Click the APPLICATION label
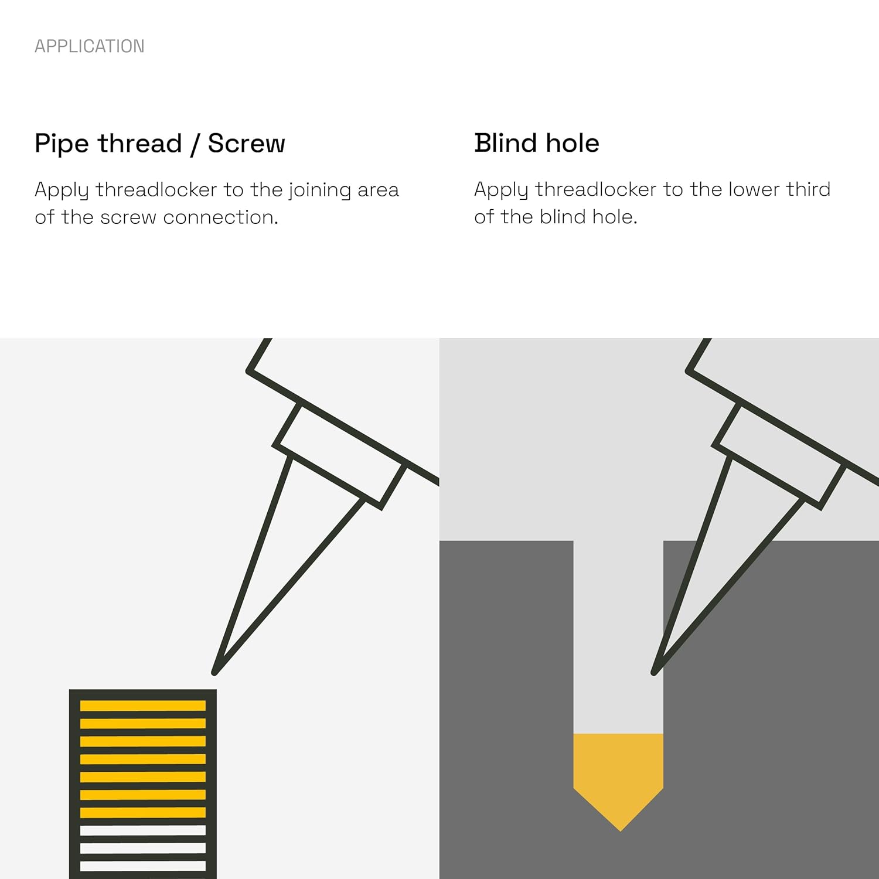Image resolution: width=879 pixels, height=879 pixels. (x=90, y=46)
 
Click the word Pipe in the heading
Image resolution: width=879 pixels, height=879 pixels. (x=62, y=144)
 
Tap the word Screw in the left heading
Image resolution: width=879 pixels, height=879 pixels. (x=247, y=144)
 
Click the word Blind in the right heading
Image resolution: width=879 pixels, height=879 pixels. (x=505, y=143)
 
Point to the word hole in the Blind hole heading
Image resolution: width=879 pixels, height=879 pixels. (x=573, y=143)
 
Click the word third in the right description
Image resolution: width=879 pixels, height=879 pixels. (x=808, y=189)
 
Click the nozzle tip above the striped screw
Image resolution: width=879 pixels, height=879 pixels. (x=214, y=672)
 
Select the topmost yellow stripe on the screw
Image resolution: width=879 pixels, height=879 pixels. (x=143, y=706)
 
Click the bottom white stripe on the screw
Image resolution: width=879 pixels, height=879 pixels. (x=143, y=866)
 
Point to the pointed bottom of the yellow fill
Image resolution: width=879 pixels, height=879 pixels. (x=620, y=830)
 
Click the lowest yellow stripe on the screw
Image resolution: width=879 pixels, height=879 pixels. (x=143, y=813)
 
